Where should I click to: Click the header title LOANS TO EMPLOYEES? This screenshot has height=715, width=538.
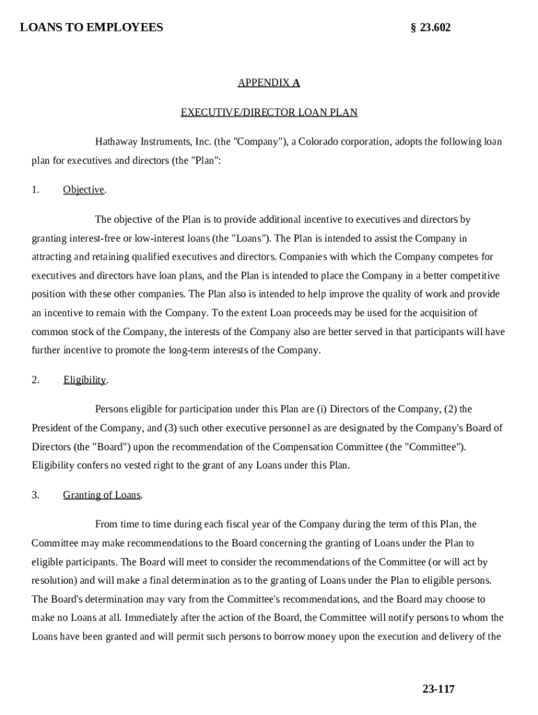92,27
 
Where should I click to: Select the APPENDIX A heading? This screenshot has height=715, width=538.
269,82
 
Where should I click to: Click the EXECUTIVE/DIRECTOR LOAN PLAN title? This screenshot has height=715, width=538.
269,112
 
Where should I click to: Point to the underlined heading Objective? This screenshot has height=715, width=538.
84,190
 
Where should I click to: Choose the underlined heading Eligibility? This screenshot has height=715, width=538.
85,380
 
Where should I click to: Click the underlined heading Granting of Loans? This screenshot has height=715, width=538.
102,495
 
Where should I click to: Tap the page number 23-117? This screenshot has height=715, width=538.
438,689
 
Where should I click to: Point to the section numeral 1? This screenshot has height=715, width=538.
35,190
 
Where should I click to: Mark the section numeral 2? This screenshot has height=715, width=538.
35,380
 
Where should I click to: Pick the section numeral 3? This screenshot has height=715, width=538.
35,495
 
